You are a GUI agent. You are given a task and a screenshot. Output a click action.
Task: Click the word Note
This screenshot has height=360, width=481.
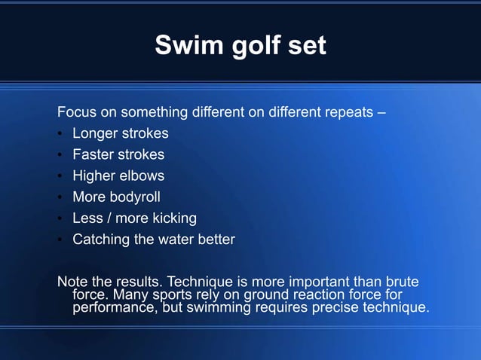(73, 282)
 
